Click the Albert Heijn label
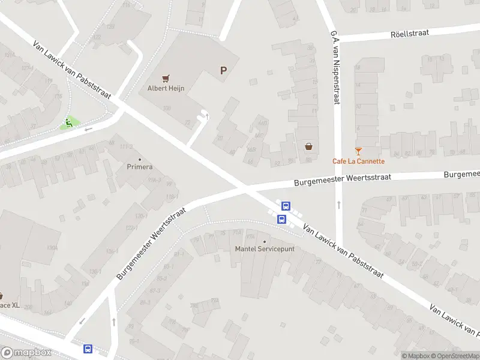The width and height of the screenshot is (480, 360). (166, 89)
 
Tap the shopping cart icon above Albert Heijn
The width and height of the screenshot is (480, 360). (166, 78)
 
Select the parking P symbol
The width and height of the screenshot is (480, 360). (223, 71)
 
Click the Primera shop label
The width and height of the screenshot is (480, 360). (139, 167)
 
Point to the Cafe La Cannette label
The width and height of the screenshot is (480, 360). (359, 161)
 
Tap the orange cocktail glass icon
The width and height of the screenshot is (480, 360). (359, 151)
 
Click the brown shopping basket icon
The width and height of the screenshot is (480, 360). (308, 146)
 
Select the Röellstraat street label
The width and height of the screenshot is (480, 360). (409, 34)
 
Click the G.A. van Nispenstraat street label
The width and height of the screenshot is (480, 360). (334, 68)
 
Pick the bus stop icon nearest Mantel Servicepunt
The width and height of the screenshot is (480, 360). (281, 220)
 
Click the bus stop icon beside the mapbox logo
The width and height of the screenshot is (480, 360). (88, 348)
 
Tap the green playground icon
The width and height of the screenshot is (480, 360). (69, 124)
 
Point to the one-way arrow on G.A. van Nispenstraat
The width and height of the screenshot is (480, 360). (338, 205)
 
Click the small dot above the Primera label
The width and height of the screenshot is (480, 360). (139, 158)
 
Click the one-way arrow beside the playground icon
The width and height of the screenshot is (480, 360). (88, 129)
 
